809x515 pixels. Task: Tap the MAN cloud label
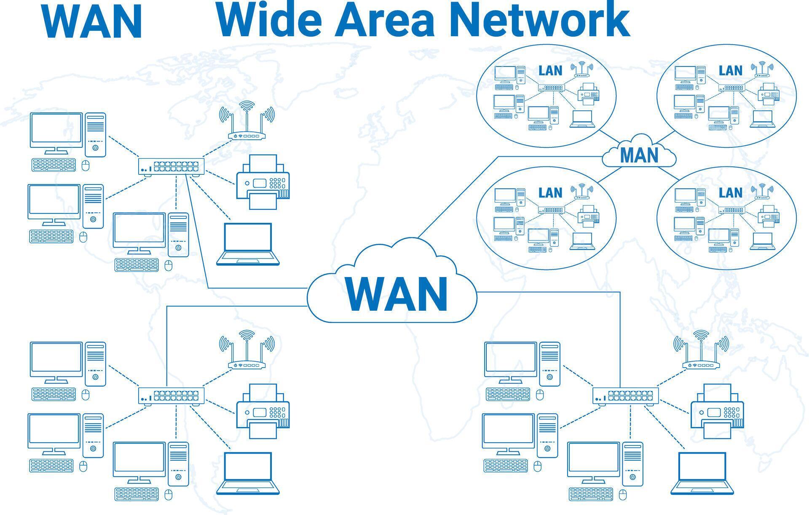click(639, 155)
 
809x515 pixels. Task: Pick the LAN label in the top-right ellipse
click(730, 70)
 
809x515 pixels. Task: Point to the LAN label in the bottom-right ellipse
click(730, 192)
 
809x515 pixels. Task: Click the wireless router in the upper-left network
click(247, 122)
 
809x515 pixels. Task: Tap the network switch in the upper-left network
click(171, 166)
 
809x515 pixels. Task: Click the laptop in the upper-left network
click(248, 244)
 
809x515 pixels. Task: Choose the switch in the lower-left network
click(171, 395)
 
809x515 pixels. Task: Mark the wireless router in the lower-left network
click(247, 352)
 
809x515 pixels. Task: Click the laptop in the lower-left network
click(248, 473)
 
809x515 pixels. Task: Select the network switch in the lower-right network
click(626, 395)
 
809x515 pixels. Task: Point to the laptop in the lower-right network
click(702, 473)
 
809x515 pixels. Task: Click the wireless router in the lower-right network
click(701, 352)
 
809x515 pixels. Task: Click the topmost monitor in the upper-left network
click(56, 131)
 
